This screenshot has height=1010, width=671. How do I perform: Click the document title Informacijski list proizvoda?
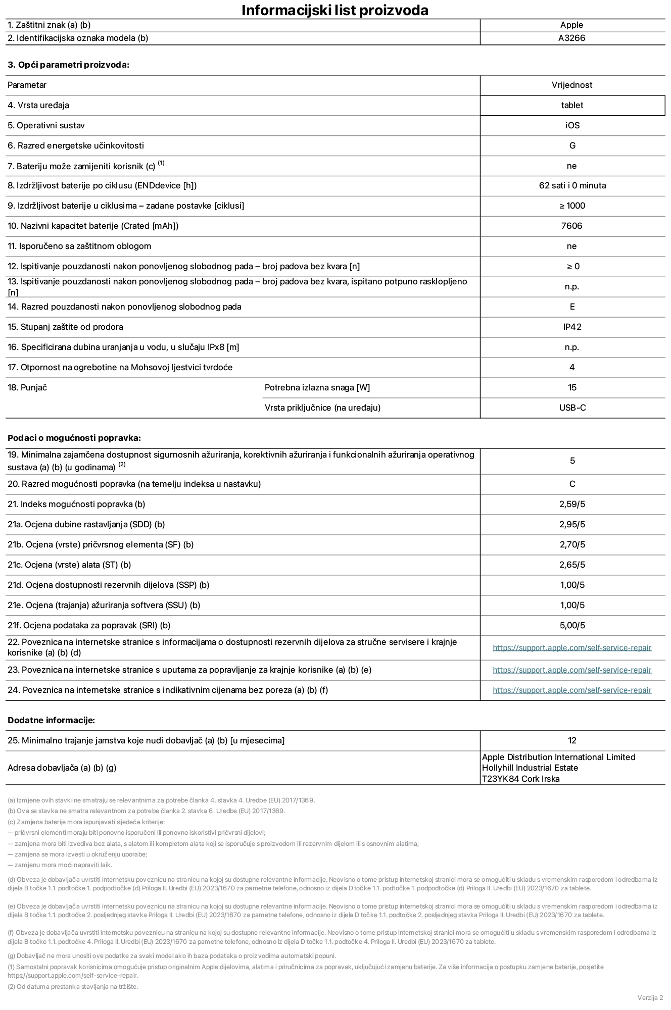coord(334,10)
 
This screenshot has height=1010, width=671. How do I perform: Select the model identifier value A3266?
coord(571,38)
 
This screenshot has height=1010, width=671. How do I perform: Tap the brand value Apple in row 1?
coord(571,25)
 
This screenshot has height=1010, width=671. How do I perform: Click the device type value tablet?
coord(571,105)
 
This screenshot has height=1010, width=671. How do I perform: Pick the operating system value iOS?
coord(572,125)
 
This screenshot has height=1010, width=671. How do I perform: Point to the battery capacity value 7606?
coord(571,226)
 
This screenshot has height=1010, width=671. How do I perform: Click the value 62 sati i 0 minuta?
coord(572,185)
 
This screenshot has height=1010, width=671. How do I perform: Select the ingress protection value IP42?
coord(572,327)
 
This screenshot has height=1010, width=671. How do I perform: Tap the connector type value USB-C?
coord(572,408)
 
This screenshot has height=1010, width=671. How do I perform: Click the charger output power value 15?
coord(572,387)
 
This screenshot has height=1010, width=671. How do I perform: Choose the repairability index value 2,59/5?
coord(572,504)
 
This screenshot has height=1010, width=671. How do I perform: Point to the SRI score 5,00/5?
coord(572,625)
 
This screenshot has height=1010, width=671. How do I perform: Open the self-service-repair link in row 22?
coord(572,647)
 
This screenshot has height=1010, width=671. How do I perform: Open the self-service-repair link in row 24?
coord(572,690)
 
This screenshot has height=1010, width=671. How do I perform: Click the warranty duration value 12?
coord(572,740)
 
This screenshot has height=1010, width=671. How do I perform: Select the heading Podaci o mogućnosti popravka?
coord(74,438)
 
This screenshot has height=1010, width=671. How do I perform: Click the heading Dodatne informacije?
coord(51,720)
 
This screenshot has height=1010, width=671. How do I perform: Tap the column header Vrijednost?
coord(572,85)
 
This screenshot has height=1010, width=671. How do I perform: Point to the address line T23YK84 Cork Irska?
coord(520,779)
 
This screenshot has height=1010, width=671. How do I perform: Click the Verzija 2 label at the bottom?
coord(650,997)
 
